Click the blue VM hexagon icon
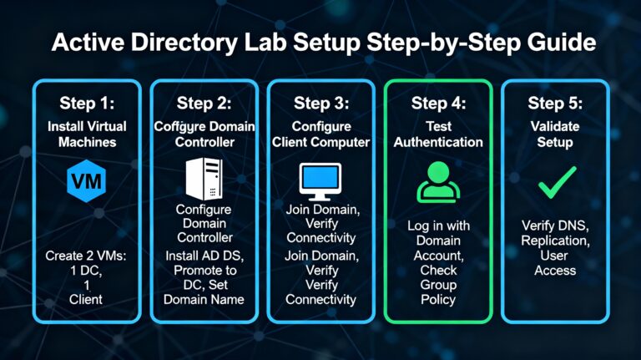(x=83, y=180)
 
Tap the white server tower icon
(x=203, y=178)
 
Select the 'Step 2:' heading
(x=203, y=104)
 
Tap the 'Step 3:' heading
(x=320, y=104)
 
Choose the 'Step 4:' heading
(x=438, y=104)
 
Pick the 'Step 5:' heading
(x=556, y=104)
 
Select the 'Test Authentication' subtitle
(x=438, y=134)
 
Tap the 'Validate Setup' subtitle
(x=556, y=134)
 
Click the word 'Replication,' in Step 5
(x=556, y=241)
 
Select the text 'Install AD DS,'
(x=203, y=255)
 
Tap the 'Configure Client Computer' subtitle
(x=320, y=134)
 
